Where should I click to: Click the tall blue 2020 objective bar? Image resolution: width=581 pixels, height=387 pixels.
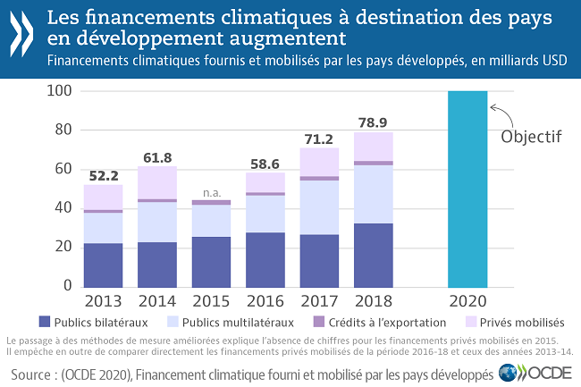(x=467, y=188)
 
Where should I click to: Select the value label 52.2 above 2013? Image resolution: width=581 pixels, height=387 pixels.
(x=102, y=174)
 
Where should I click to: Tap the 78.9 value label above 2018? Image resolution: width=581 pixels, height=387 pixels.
(x=375, y=122)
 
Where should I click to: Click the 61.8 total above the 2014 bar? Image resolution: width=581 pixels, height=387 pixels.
(x=156, y=157)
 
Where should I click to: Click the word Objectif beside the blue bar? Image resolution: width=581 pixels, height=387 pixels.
(x=531, y=138)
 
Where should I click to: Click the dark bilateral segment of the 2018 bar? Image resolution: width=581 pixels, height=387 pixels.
(x=375, y=255)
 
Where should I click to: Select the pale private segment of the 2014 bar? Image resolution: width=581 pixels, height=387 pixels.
(x=156, y=182)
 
